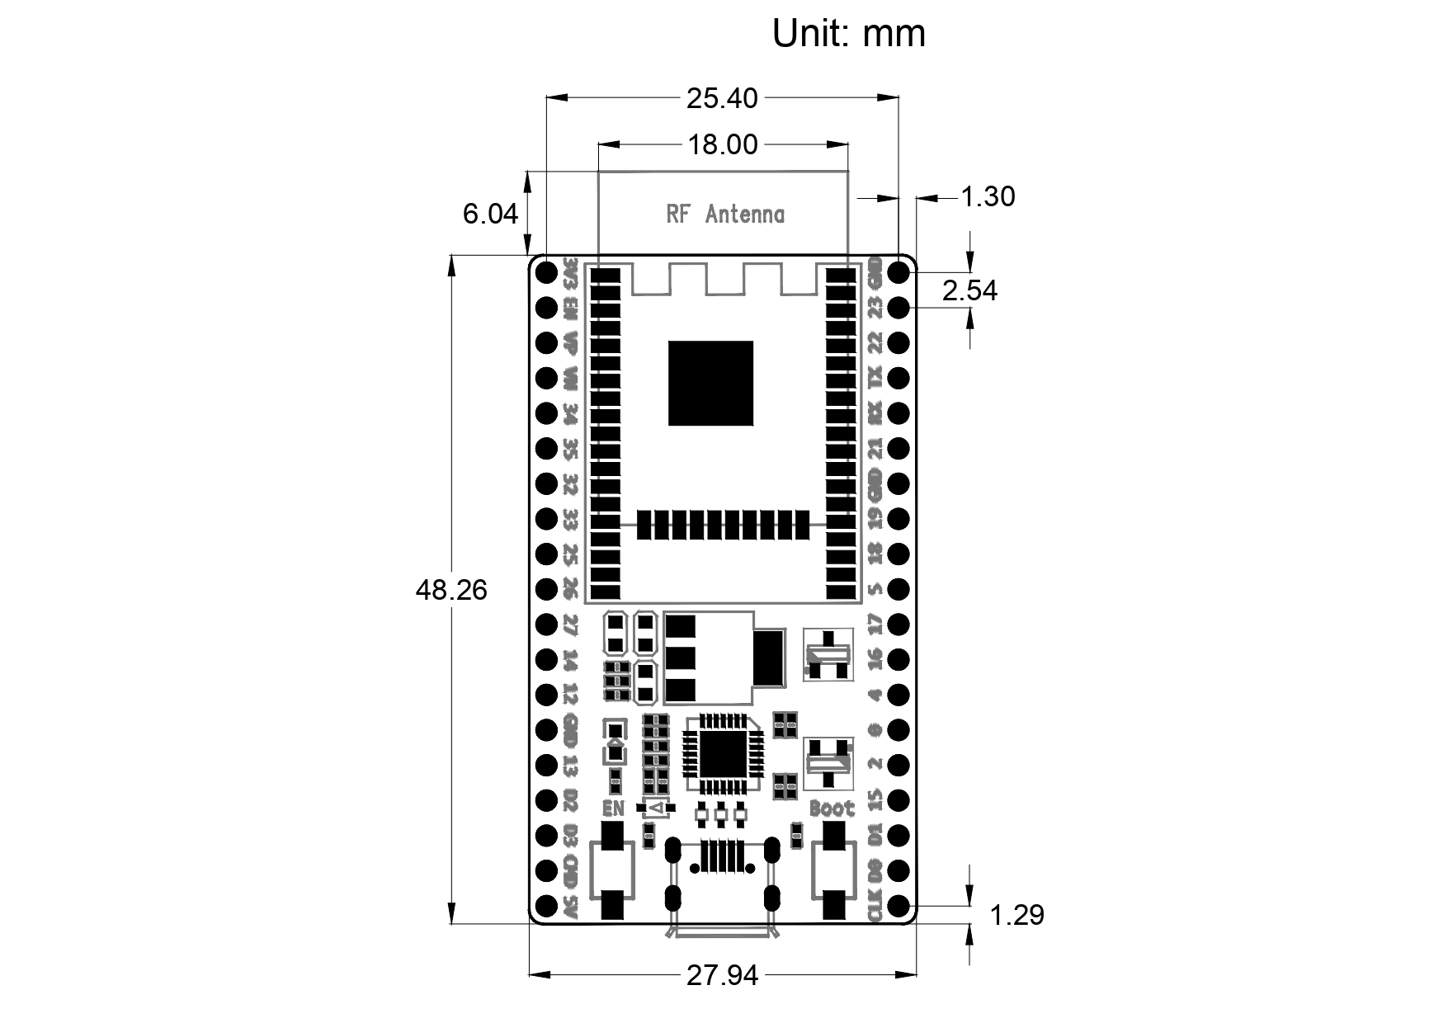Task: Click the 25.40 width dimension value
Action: click(722, 98)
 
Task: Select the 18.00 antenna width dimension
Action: click(722, 144)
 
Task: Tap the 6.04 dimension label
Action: click(490, 214)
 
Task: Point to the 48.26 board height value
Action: click(451, 590)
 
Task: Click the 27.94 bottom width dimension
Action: click(722, 976)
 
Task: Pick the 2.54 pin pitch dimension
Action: click(970, 290)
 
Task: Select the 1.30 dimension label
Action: click(988, 196)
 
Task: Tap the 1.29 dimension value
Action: click(1016, 915)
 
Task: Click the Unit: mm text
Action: click(848, 34)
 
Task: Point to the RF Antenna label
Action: click(724, 214)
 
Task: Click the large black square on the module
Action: click(710, 384)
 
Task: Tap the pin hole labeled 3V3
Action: click(546, 271)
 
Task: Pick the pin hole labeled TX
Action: click(899, 377)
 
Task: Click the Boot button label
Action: click(832, 808)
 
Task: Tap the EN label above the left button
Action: click(614, 808)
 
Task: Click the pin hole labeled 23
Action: click(899, 307)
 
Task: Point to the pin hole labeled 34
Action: click(546, 412)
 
